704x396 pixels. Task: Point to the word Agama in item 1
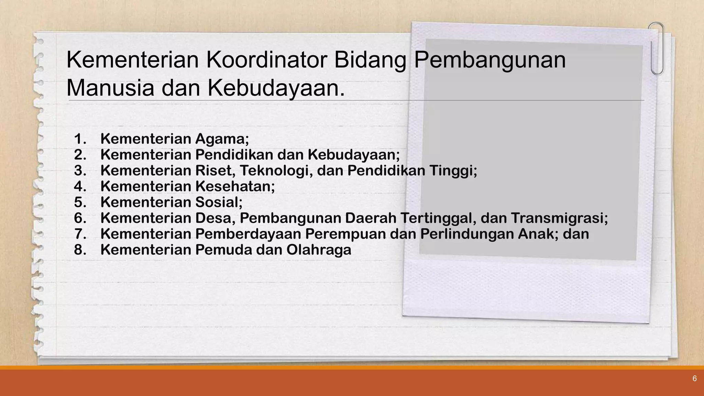point(221,139)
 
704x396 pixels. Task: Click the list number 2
point(80,155)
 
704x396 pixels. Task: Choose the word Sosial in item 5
point(219,202)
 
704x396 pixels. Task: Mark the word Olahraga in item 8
point(319,250)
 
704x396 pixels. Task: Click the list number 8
point(80,250)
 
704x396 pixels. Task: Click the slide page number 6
point(694,379)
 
